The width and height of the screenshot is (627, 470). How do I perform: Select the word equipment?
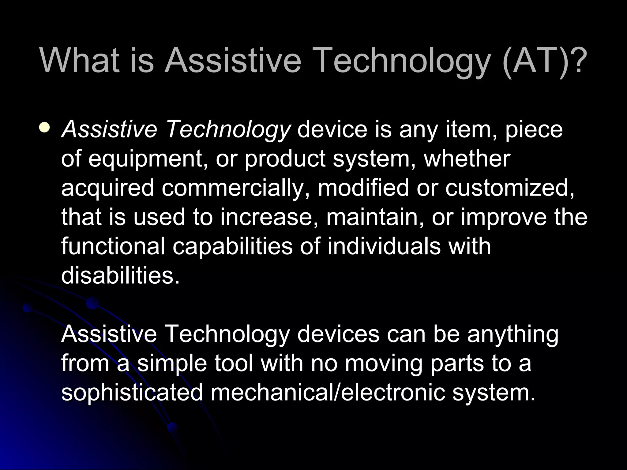[146, 159]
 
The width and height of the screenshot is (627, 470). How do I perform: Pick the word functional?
[113, 246]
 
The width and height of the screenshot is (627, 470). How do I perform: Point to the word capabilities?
[233, 247]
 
